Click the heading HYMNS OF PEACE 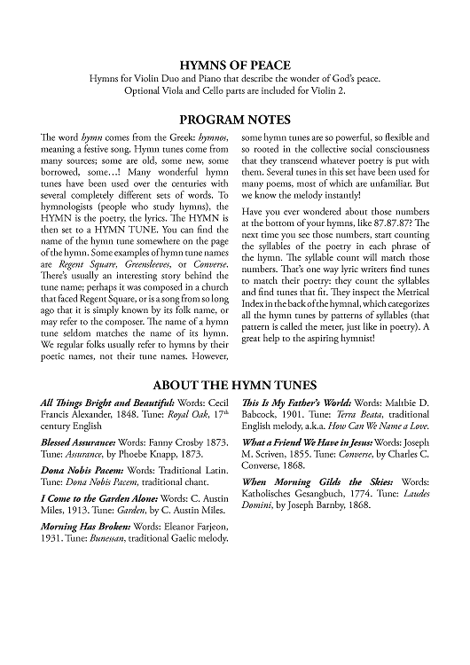pos(235,65)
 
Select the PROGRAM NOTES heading pos(235,119)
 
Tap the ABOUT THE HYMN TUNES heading pos(235,387)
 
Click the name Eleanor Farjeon pos(194,524)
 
